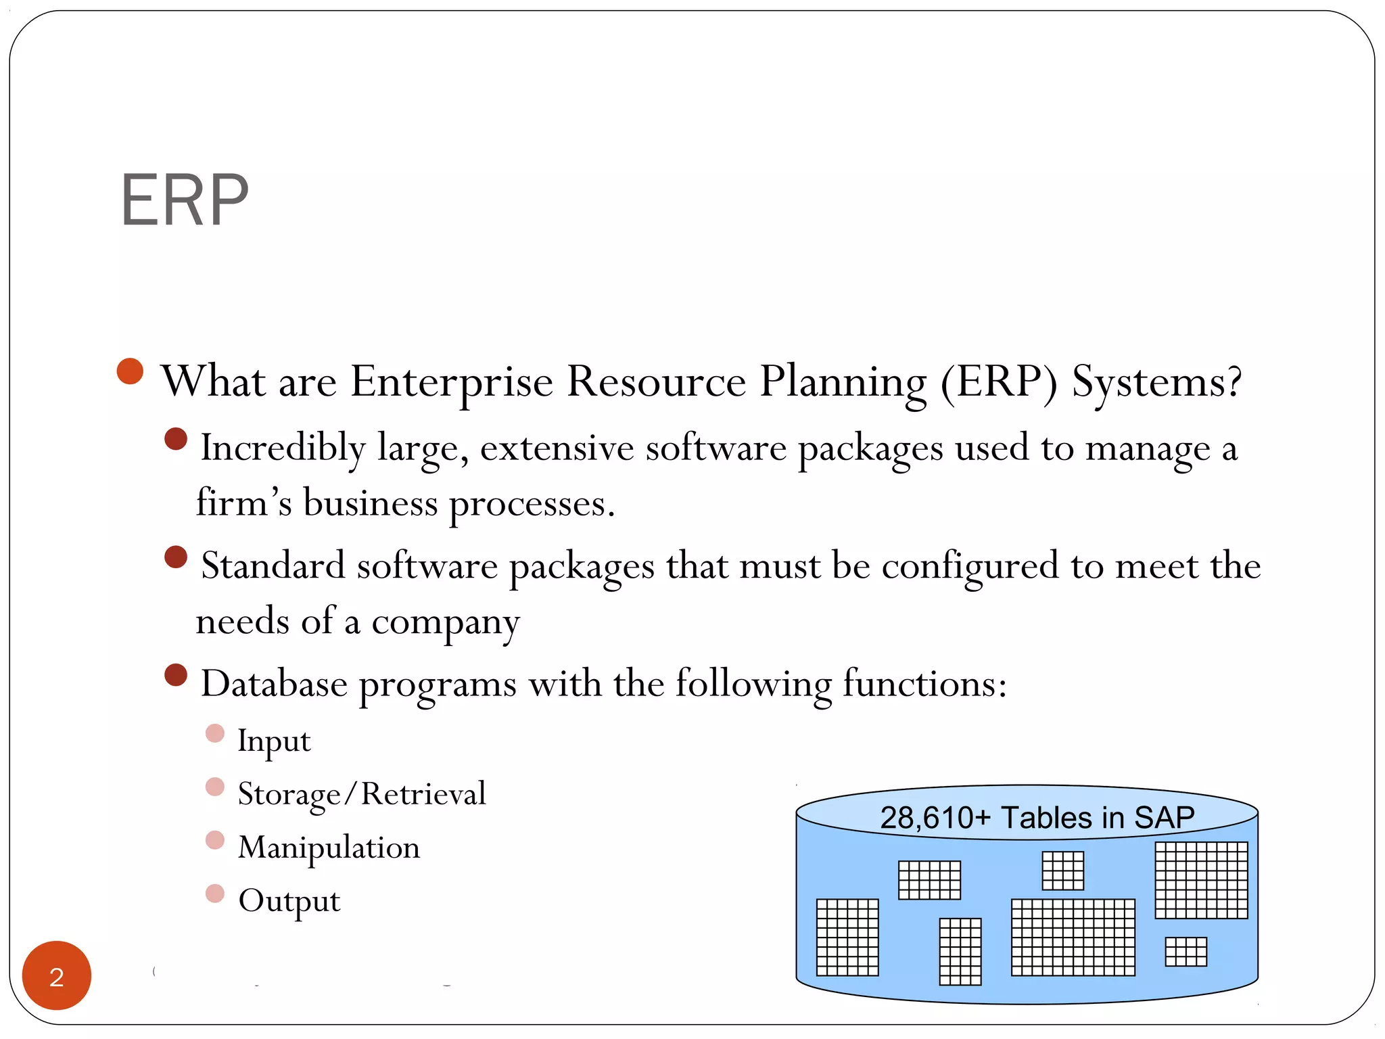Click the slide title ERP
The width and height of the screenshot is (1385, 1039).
coord(184,201)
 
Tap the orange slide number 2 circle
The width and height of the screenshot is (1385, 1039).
coord(57,975)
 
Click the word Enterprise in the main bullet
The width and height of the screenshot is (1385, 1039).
coord(452,382)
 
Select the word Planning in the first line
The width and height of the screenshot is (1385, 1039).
coord(843,383)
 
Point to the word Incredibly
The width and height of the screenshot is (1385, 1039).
coord(283,448)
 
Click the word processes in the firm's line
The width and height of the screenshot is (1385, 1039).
coord(532,505)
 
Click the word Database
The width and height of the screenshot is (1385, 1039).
coord(274,683)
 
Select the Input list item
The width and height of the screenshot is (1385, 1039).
coord(274,741)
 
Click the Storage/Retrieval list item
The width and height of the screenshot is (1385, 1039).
coord(362,794)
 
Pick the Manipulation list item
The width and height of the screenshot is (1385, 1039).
coord(329,848)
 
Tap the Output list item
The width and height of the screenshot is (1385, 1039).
coord(289,901)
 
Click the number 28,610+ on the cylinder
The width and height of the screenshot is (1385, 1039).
coord(935,818)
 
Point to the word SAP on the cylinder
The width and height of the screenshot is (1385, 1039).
coord(1164,818)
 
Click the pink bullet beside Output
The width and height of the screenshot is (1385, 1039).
coord(214,894)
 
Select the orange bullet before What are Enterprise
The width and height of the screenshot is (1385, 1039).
coord(130,371)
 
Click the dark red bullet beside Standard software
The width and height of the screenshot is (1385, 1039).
coord(176,557)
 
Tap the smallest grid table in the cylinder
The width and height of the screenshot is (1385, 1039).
coord(1186,952)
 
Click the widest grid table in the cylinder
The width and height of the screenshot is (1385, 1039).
coord(1073,937)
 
